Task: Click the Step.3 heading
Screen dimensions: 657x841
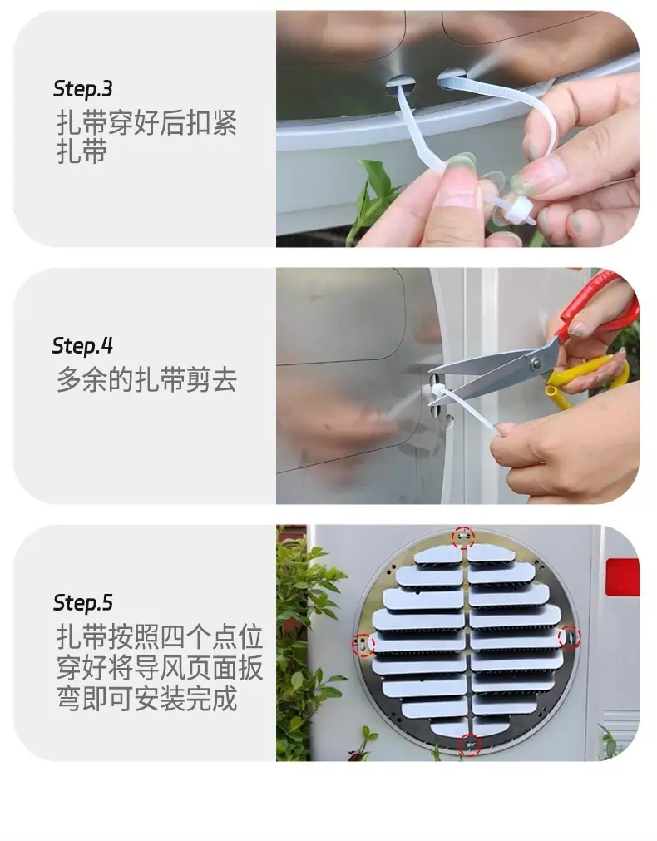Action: pyautogui.click(x=82, y=89)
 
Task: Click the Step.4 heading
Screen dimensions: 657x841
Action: pyautogui.click(x=82, y=346)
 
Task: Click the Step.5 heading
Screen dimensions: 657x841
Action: pyautogui.click(x=82, y=603)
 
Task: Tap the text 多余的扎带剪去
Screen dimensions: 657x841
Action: pyautogui.click(x=146, y=379)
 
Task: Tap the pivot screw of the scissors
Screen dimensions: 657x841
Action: pyautogui.click(x=536, y=364)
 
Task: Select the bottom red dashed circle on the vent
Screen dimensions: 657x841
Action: pyautogui.click(x=471, y=745)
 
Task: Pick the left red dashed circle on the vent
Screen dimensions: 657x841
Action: pyautogui.click(x=363, y=644)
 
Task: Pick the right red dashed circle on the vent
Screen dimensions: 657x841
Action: pyautogui.click(x=570, y=636)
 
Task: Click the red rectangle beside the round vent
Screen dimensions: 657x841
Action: pyautogui.click(x=622, y=576)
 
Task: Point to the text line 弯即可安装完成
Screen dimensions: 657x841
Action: pyautogui.click(x=146, y=698)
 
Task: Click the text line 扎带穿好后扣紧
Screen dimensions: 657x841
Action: pyautogui.click(x=146, y=123)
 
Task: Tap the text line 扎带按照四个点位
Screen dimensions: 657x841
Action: pyautogui.click(x=160, y=637)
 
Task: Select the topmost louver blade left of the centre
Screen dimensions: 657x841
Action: pyautogui.click(x=438, y=555)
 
